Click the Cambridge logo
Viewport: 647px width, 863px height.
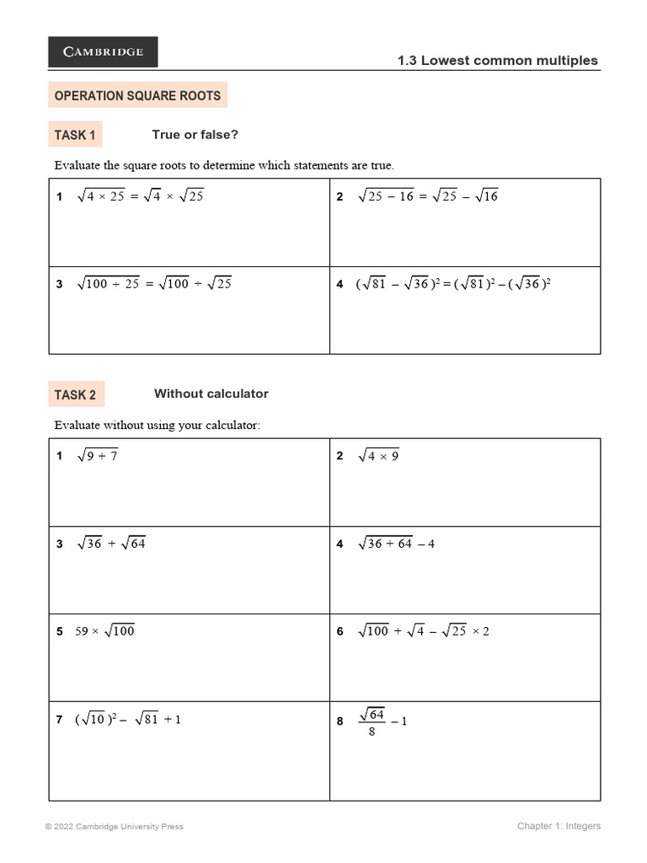[x=103, y=52]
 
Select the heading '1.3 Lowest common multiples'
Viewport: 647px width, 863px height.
[x=497, y=61]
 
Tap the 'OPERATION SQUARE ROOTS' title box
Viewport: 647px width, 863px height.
[x=137, y=96]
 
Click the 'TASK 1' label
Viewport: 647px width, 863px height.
[x=75, y=136]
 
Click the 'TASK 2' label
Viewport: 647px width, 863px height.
[x=75, y=395]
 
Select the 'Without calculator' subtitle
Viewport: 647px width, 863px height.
[x=211, y=394]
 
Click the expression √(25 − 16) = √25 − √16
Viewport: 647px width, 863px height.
[x=428, y=196]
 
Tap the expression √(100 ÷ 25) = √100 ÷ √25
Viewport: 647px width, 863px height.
[x=154, y=284]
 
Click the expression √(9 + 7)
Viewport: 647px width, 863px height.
[x=97, y=456]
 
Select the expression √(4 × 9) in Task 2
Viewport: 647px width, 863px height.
[x=378, y=456]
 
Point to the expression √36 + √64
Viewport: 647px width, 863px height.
[x=111, y=544]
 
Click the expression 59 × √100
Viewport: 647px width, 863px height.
[x=104, y=631]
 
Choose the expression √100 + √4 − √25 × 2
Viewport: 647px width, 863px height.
[x=424, y=631]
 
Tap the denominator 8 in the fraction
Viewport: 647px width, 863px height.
[x=372, y=732]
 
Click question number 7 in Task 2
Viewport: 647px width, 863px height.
[x=59, y=720]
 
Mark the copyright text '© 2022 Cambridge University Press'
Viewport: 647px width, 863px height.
[x=114, y=827]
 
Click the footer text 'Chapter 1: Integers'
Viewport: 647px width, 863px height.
[x=559, y=827]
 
